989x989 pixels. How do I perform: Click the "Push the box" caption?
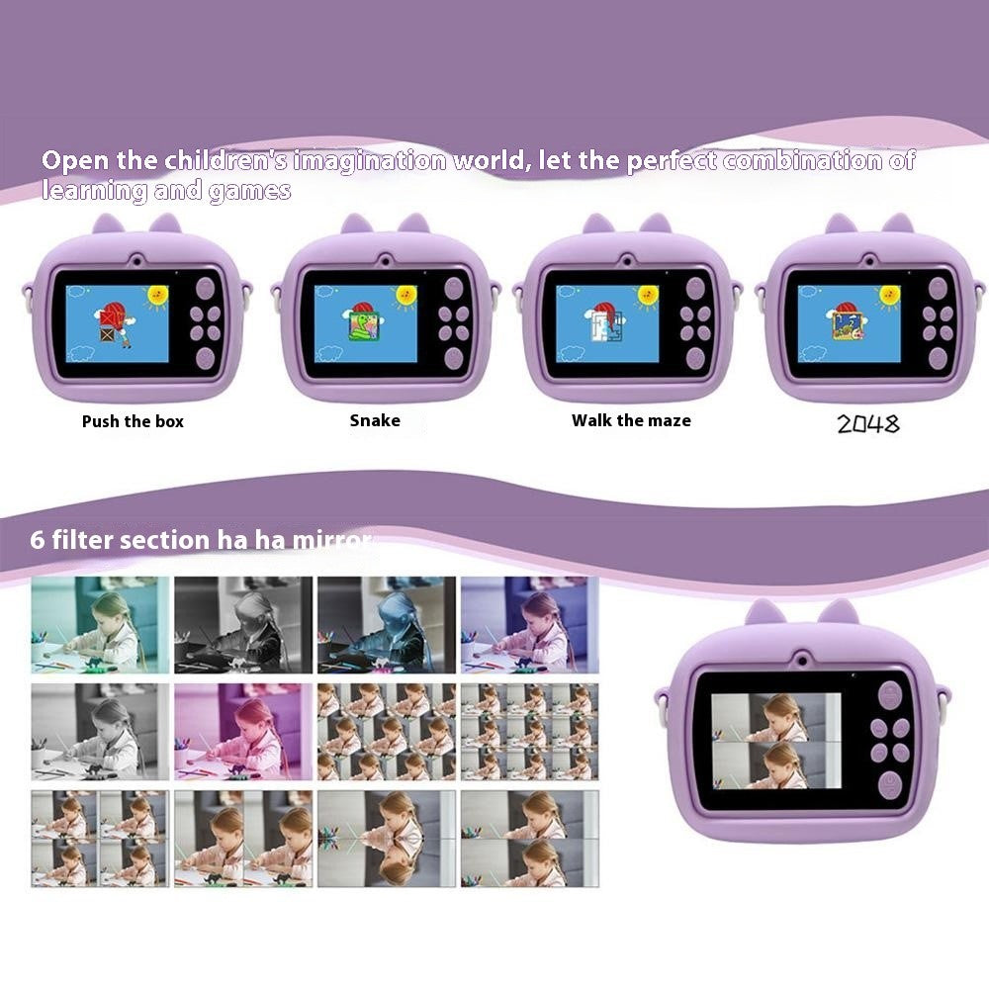(x=133, y=421)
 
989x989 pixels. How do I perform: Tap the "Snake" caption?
(x=375, y=420)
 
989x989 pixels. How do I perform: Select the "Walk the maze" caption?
(x=631, y=420)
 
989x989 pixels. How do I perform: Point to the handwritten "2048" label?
(x=868, y=424)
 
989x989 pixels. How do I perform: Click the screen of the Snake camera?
(x=366, y=322)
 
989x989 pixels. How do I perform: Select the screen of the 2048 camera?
(x=850, y=322)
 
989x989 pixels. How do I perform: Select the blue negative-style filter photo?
(x=387, y=625)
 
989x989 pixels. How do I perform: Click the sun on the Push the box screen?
(x=157, y=294)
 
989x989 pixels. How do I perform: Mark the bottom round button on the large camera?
(x=890, y=784)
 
